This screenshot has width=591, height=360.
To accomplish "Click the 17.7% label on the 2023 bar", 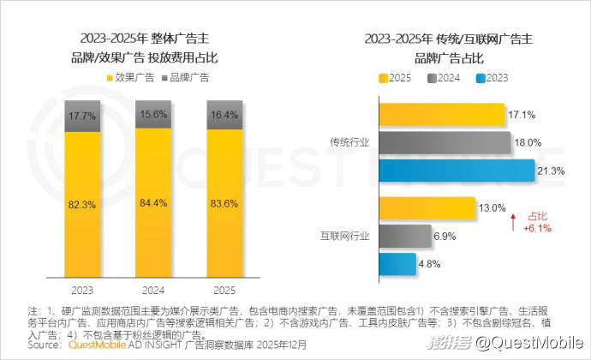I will coord(84,116).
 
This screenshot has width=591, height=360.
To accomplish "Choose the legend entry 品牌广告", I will coord(185,78).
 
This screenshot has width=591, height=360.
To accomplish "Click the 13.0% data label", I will coord(493,207).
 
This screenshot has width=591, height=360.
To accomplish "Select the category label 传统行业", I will coord(349,143).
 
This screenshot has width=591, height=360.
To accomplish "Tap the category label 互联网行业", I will coord(344,235).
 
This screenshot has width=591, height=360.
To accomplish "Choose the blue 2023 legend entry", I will coord(492,78).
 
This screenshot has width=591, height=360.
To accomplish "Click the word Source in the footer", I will coord(45,345).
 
